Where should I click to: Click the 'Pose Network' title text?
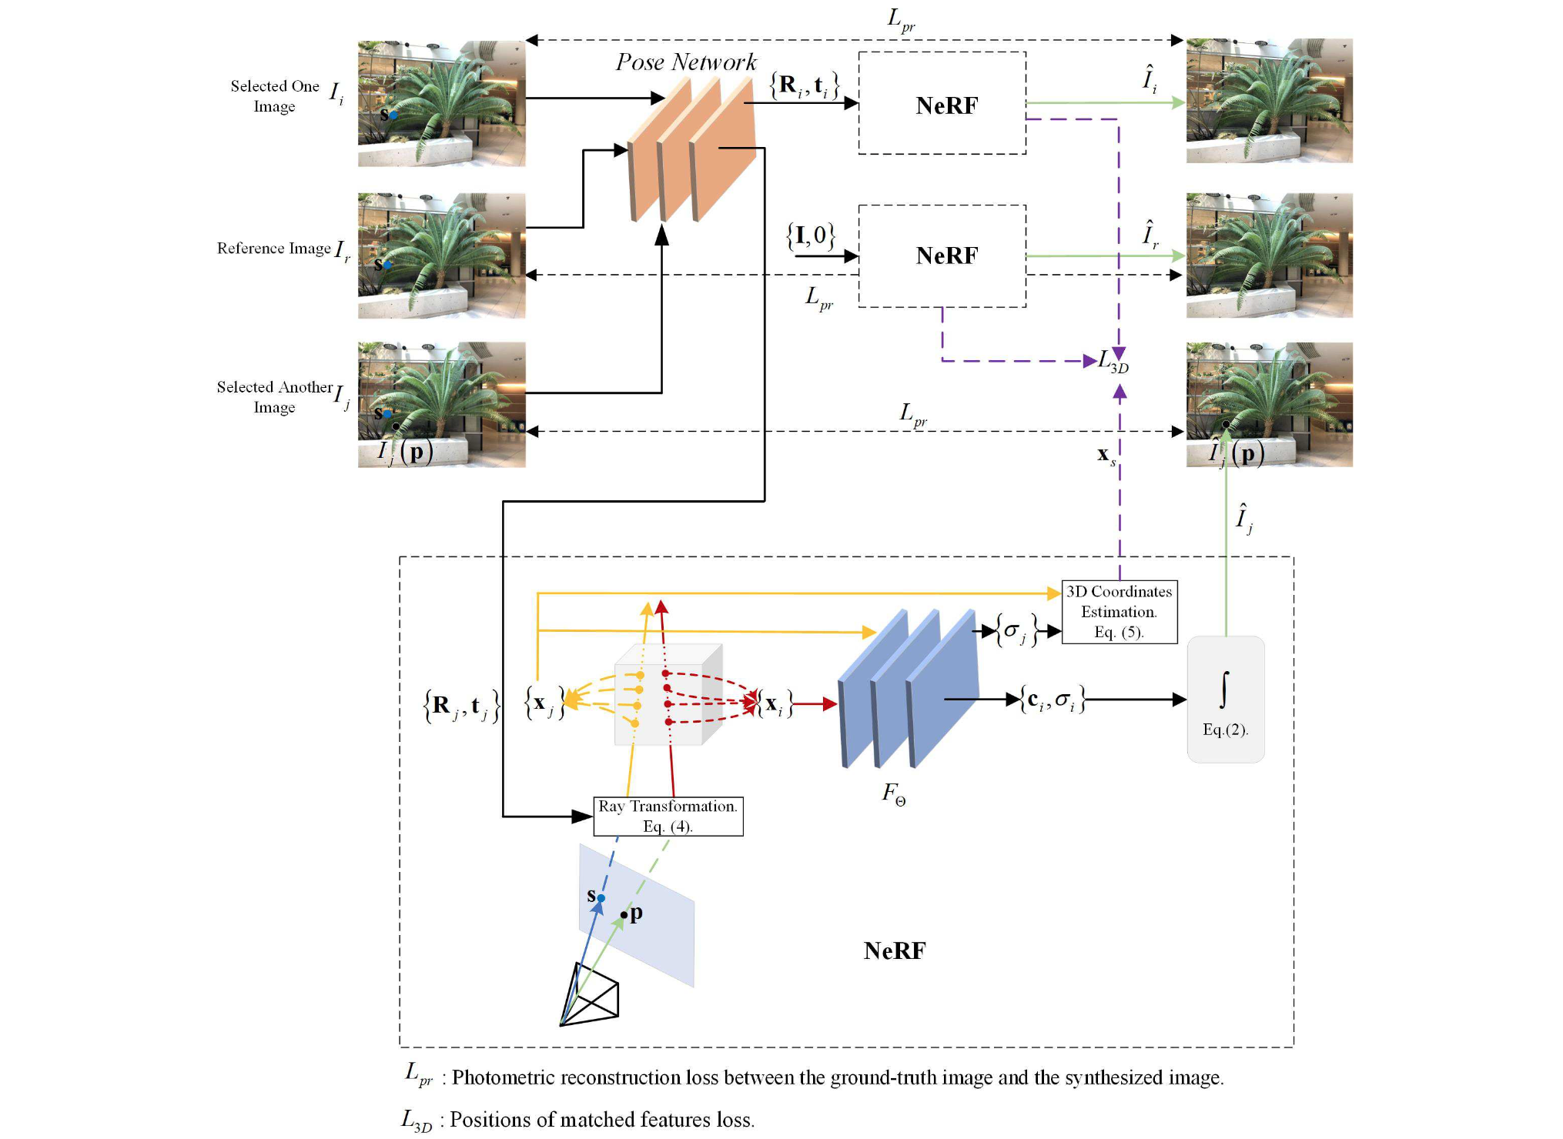click(x=686, y=62)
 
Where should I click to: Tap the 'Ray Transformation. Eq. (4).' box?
click(x=668, y=816)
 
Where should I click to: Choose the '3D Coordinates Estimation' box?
click(x=1120, y=612)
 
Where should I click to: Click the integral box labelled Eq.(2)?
click(x=1226, y=699)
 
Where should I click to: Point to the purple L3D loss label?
click(x=1113, y=360)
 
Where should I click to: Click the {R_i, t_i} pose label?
click(x=805, y=85)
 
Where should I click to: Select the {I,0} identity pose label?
click(x=811, y=235)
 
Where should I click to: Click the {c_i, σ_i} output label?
click(x=1053, y=700)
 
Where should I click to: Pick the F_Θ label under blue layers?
click(x=894, y=793)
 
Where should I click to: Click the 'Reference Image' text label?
click(x=273, y=248)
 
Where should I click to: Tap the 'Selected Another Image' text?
click(x=275, y=396)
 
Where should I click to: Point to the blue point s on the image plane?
click(x=601, y=898)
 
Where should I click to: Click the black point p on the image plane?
click(x=624, y=915)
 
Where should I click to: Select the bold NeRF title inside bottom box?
click(x=895, y=950)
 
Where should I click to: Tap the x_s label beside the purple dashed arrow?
click(x=1106, y=456)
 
